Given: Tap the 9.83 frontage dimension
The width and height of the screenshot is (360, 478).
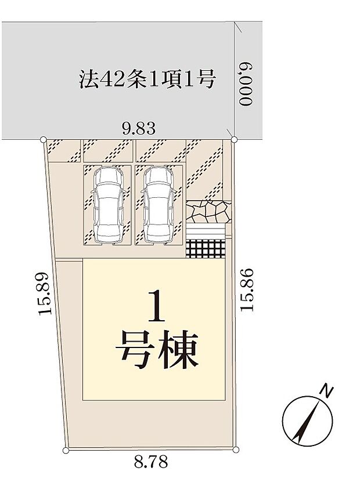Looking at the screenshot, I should [138, 128].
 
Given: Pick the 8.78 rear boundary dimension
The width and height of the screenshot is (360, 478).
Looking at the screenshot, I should [150, 462].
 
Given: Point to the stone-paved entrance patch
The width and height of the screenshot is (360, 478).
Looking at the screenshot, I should [208, 211].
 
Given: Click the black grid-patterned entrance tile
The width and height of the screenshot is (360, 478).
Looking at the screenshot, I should [206, 248].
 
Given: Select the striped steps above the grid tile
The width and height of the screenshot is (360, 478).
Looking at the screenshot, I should [206, 231].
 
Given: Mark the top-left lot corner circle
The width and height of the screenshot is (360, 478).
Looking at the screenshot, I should [44, 139].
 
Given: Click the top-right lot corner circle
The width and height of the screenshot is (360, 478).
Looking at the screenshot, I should [234, 139].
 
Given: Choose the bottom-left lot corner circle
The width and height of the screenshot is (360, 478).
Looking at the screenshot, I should [66, 450].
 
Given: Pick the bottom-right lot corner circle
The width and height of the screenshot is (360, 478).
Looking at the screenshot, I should [236, 450].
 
